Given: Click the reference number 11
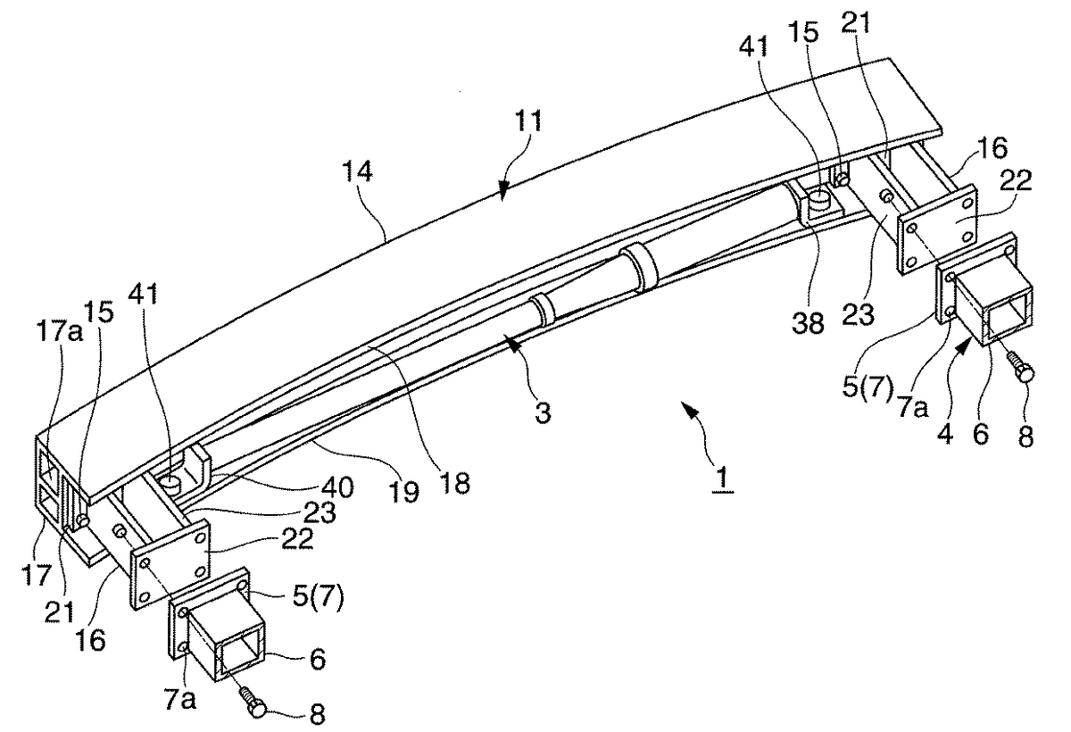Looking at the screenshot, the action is tap(527, 121).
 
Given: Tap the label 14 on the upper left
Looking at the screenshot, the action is tap(357, 171).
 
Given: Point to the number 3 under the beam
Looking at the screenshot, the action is tap(543, 412).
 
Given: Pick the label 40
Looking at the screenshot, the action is tap(338, 487).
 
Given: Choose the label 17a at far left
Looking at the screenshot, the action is tap(59, 331).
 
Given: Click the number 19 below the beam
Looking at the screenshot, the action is tap(404, 492).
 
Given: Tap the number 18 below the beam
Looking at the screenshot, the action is tap(455, 483).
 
